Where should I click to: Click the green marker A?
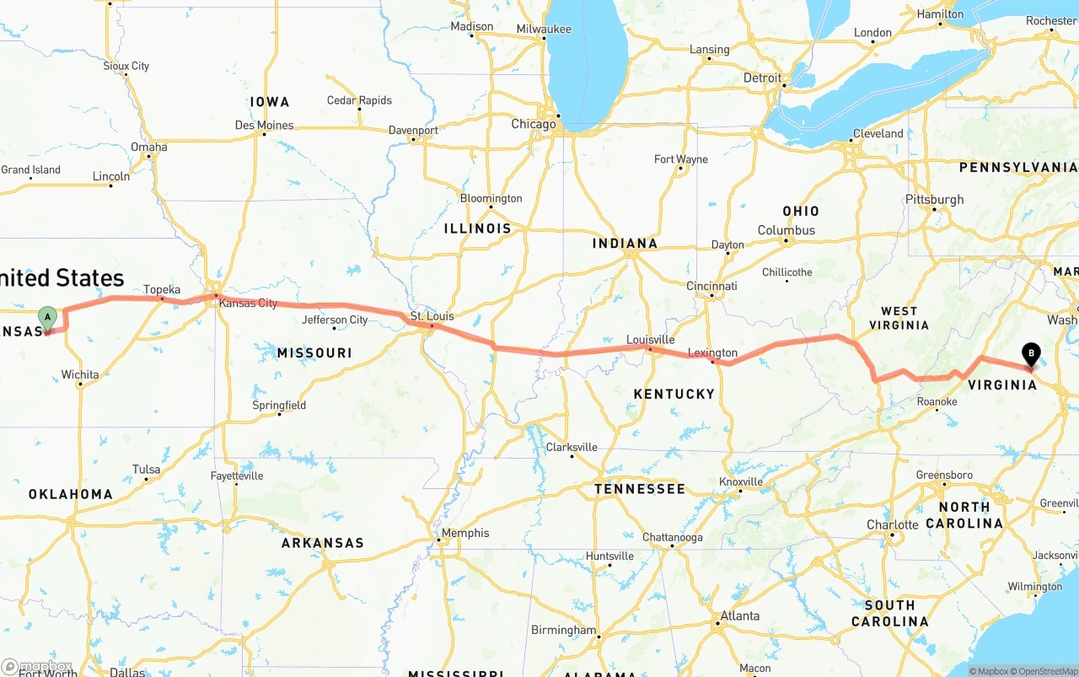[x=48, y=318]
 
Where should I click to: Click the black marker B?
[x=1030, y=353]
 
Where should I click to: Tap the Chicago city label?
[x=534, y=124]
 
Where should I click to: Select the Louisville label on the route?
[x=650, y=340]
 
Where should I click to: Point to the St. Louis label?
[x=432, y=316]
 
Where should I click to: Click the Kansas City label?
[x=248, y=303]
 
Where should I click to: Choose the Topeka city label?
[x=162, y=289]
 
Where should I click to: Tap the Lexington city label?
[x=712, y=352]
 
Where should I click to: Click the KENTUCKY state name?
[x=674, y=394]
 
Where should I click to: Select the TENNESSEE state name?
[x=639, y=489]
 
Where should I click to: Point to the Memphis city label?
[x=464, y=533]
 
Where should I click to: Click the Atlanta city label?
[x=739, y=615]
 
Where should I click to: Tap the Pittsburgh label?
[x=934, y=200]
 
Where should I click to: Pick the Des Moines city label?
[x=264, y=125]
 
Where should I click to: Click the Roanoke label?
[x=937, y=401]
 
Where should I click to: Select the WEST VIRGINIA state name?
[x=899, y=318]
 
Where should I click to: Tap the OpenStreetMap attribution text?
[x=1044, y=671]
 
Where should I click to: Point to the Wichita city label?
[x=80, y=374]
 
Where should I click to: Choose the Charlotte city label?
[x=892, y=524]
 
